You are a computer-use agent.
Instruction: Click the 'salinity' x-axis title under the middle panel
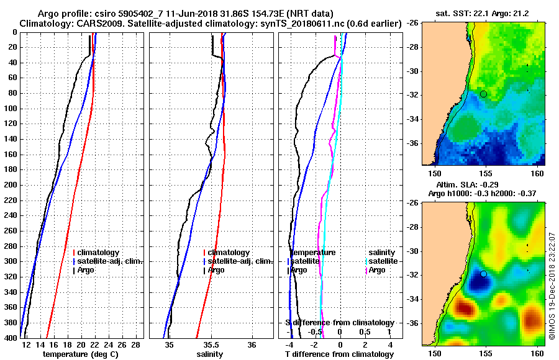(x=210, y=354)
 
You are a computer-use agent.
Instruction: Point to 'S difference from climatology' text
(x=339, y=323)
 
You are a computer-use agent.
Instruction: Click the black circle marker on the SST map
(x=483, y=94)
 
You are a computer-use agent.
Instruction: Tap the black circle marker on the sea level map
(x=483, y=274)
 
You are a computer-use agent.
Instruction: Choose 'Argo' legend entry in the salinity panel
(x=216, y=270)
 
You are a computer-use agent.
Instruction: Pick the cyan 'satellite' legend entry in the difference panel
(x=382, y=261)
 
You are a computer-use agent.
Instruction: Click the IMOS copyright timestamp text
(x=552, y=286)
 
